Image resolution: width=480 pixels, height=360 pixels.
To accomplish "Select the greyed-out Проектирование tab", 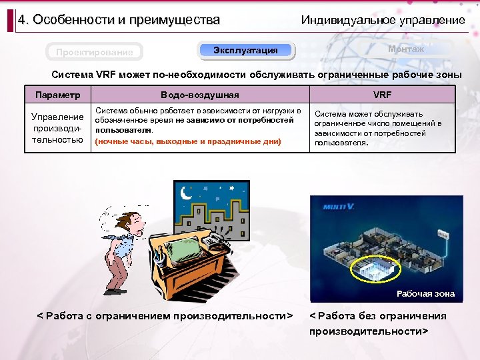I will pyautogui.click(x=94, y=52).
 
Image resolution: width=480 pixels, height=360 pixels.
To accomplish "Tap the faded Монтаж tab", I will pyautogui.click(x=406, y=49).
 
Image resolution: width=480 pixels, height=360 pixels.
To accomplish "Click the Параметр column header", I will pyautogui.click(x=57, y=95).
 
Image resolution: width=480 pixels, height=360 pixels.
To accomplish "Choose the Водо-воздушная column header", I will pyautogui.click(x=199, y=95).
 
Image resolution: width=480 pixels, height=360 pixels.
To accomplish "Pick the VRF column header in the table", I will pyautogui.click(x=382, y=95).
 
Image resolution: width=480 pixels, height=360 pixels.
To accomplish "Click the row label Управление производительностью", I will pyautogui.click(x=57, y=128).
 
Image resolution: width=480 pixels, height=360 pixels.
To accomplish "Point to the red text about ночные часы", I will pyautogui.click(x=189, y=141).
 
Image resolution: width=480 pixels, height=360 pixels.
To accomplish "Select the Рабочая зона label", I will pyautogui.click(x=425, y=293).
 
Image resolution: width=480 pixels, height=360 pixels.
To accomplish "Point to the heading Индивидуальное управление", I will pyautogui.click(x=383, y=20).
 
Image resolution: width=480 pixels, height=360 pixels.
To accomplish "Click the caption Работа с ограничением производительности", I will pyautogui.click(x=165, y=315).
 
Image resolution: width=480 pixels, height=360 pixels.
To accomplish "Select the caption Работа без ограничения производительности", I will pyautogui.click(x=377, y=323).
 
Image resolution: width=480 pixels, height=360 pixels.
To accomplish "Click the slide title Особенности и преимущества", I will pyautogui.click(x=119, y=20).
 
